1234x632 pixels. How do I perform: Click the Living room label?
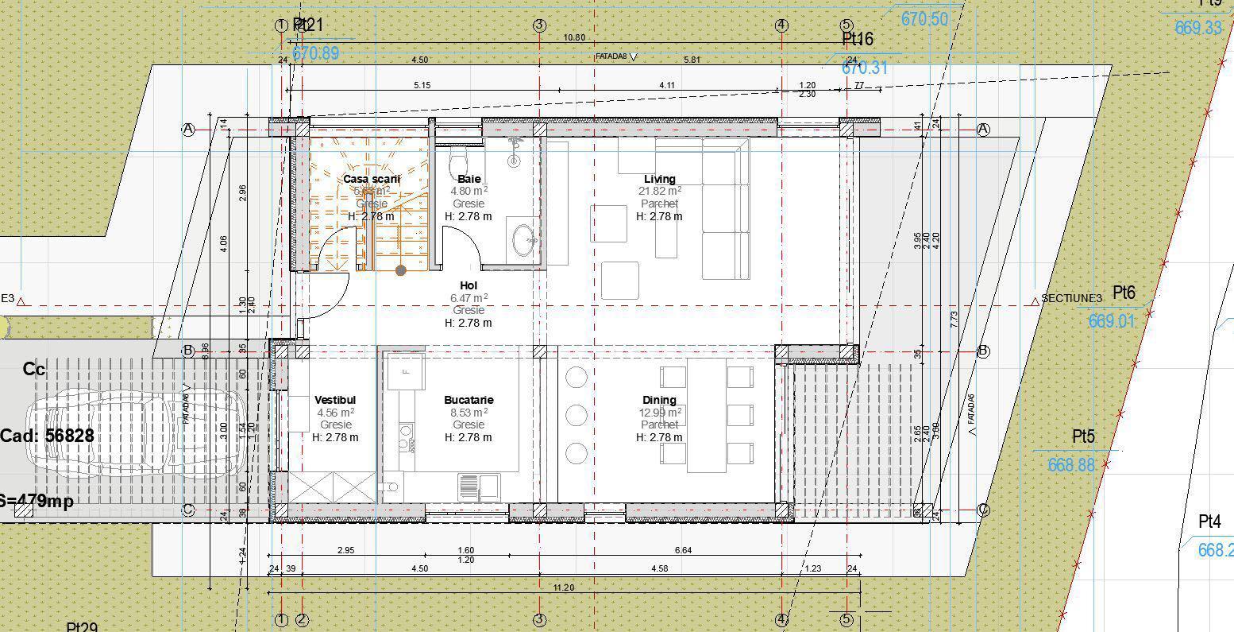659,179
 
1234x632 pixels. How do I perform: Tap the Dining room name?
659,400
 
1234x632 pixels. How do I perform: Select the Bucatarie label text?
469,400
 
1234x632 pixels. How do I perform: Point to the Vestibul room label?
335,400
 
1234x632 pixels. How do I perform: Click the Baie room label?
469,179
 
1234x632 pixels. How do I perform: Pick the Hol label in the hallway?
469,285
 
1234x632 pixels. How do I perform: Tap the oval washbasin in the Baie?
524,240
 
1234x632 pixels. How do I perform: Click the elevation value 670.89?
315,53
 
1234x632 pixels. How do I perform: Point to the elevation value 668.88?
1070,465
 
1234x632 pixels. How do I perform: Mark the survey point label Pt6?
1124,293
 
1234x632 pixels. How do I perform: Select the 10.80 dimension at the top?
574,37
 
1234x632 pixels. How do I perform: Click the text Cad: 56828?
48,436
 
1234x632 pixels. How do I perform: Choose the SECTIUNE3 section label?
1072,298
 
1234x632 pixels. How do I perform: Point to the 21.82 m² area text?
659,191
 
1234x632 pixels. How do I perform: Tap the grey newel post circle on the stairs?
401,270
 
